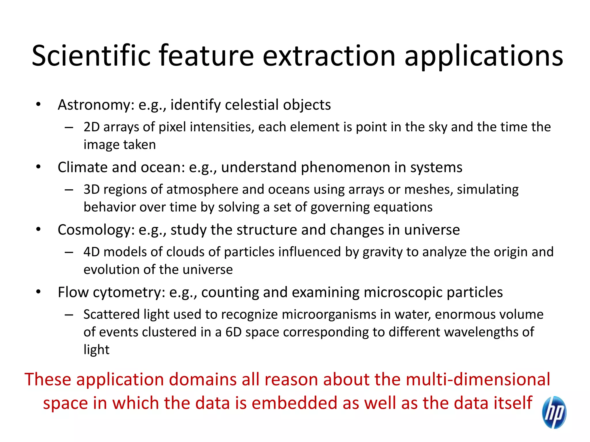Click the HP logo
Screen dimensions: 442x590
[x=554, y=412]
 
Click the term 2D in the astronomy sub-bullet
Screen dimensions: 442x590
[x=91, y=127]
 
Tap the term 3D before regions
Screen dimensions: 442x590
[x=91, y=190]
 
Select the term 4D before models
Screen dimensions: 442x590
[x=91, y=252]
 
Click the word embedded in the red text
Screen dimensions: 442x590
[x=294, y=403]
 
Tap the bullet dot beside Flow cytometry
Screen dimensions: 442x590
[x=38, y=292]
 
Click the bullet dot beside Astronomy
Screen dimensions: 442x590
[x=38, y=104]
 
